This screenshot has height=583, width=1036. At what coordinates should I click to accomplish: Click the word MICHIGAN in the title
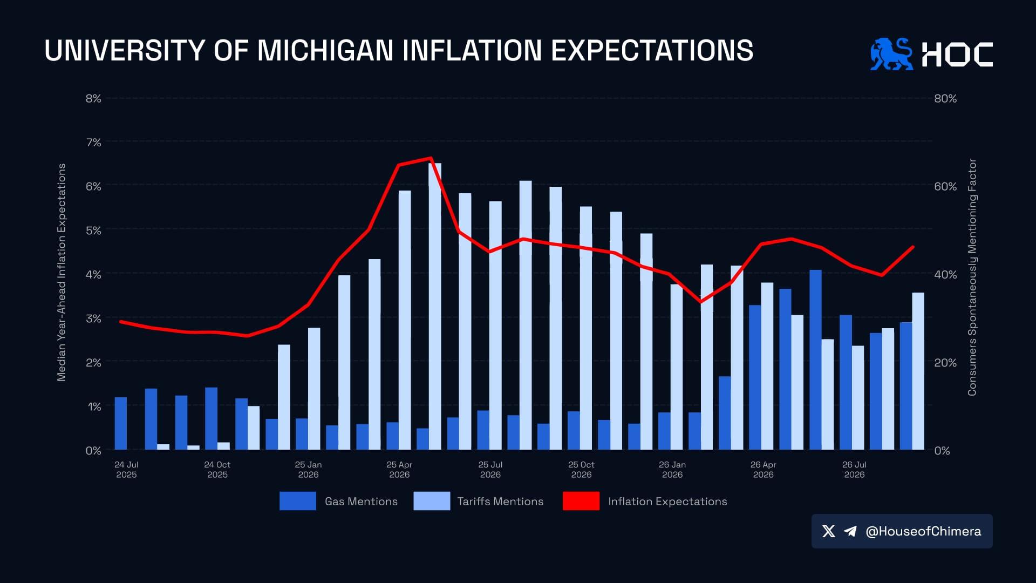325,51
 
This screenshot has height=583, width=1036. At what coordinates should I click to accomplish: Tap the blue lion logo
891,54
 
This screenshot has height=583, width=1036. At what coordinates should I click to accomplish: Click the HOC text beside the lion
957,55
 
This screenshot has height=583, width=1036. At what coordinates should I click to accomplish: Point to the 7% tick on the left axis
93,143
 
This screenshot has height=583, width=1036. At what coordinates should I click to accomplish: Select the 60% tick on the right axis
945,187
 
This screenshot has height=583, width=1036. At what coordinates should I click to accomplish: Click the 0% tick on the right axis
942,451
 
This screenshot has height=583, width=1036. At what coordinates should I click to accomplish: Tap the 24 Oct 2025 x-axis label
217,470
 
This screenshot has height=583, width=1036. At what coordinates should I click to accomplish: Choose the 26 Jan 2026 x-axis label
672,470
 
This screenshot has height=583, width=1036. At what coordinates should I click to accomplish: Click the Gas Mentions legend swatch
298,501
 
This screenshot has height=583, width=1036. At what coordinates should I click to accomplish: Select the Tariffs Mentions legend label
500,501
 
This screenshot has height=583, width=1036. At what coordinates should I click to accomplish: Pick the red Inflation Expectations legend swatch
581,501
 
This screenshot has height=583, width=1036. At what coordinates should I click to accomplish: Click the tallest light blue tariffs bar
435,307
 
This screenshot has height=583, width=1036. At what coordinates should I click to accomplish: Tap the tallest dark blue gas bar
815,360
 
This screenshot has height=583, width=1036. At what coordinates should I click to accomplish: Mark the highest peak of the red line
431,158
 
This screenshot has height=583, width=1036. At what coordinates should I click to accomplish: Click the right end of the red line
913,247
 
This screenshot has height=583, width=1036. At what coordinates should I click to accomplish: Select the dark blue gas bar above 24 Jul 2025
121,424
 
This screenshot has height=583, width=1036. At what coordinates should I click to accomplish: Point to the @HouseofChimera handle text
923,532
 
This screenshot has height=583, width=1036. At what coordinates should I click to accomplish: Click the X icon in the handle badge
829,532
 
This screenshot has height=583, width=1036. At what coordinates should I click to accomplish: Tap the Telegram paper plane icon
850,532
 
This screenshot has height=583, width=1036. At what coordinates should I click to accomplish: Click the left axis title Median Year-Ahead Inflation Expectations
62,273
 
